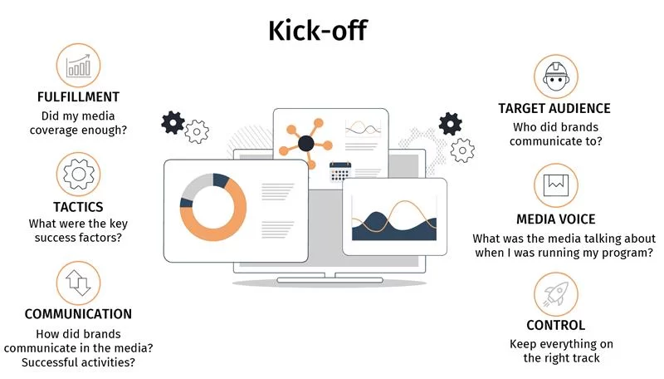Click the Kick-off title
pos(318,31)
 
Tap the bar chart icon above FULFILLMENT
pos(78,66)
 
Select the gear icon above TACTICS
pos(78,175)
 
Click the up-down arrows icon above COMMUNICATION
pos(78,283)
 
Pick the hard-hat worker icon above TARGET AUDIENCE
pos(555,76)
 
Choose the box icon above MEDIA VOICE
pos(555,185)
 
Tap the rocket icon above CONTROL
pos(555,294)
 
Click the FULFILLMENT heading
pos(78,97)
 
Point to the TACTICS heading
pos(78,207)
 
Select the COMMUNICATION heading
pos(78,314)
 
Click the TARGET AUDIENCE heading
pos(554,109)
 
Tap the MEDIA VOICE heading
pos(555,219)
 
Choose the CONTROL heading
pos(555,325)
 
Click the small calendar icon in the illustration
pos(340,171)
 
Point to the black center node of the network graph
pos(306,144)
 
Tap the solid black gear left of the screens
pos(173,123)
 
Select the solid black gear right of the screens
pos(450,124)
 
